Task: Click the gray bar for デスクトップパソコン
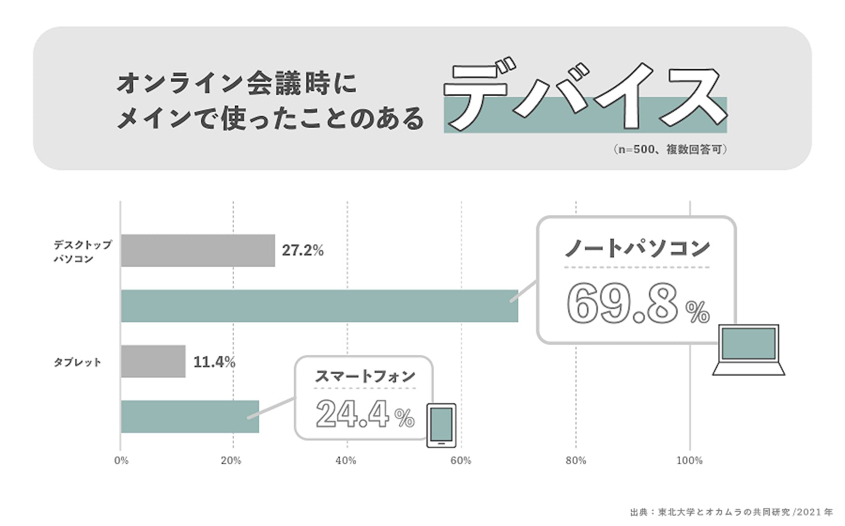click(198, 250)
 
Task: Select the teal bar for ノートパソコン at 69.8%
click(319, 306)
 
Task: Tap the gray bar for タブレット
click(153, 361)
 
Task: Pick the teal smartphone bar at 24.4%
click(190, 417)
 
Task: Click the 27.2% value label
click(303, 250)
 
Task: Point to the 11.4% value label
click(214, 362)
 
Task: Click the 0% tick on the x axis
click(121, 461)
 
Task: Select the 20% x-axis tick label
click(231, 461)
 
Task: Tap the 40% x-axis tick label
click(346, 461)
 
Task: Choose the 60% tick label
click(461, 461)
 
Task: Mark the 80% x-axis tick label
click(576, 461)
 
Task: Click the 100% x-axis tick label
click(689, 461)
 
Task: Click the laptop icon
click(748, 350)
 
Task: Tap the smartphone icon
click(441, 425)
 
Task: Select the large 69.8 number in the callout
click(623, 304)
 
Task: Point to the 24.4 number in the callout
click(353, 414)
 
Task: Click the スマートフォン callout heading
click(365, 376)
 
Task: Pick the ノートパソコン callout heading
click(637, 248)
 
